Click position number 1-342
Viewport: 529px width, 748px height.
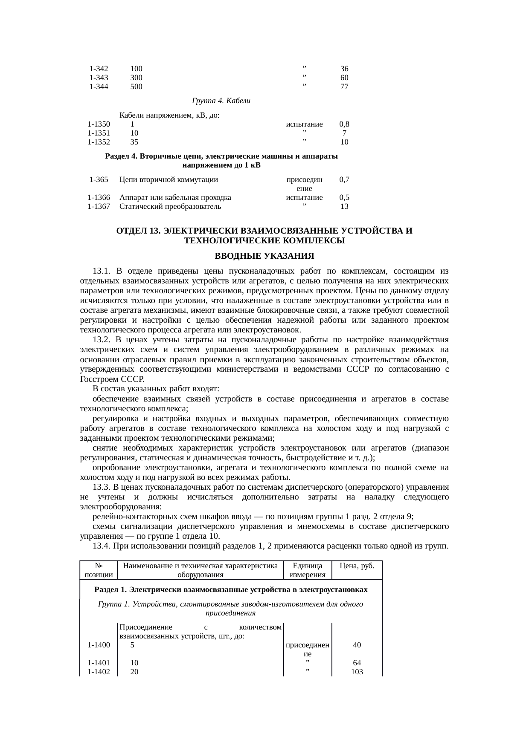(99, 69)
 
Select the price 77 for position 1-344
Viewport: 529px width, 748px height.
(344, 87)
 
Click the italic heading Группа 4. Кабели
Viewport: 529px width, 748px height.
(221, 101)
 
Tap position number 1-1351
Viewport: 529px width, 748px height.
(99, 133)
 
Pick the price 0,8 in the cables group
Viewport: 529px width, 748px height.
(344, 124)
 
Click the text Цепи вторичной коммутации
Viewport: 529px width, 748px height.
(169, 180)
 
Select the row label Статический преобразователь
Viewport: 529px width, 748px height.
(170, 207)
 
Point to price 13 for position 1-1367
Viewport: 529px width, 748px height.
(344, 207)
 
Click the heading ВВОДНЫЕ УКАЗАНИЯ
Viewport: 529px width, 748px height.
(264, 256)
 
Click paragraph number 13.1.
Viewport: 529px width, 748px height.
(102, 271)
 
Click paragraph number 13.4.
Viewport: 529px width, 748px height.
(102, 546)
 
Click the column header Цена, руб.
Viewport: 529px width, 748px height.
(357, 566)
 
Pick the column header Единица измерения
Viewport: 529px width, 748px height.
(307, 570)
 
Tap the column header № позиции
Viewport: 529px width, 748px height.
(99, 570)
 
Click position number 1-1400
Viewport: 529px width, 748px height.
(99, 645)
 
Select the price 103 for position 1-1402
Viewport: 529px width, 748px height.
(357, 672)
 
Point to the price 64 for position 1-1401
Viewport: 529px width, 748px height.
(357, 663)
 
